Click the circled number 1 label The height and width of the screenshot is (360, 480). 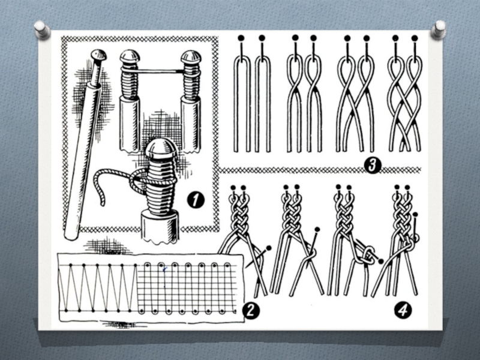tap(196, 200)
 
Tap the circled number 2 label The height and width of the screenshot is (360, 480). tap(251, 310)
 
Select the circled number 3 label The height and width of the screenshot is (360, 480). tap(373, 166)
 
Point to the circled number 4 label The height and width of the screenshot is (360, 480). tap(403, 310)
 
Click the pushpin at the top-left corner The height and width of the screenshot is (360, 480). tap(41, 29)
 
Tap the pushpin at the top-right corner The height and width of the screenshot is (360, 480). tap(439, 29)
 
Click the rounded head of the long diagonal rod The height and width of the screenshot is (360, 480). tap(99, 55)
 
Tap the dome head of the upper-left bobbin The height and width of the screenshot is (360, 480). tap(130, 56)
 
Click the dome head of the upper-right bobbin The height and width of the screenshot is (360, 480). tap(191, 56)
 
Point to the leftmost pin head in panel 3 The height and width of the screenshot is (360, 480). tap(241, 38)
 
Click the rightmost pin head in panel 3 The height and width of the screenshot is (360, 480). tap(415, 38)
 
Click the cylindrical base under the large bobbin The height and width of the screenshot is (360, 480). tap(160, 227)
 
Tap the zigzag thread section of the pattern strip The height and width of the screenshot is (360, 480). tap(98, 287)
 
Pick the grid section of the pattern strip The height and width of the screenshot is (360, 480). tap(187, 287)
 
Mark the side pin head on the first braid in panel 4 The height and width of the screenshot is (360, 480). tap(269, 247)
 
